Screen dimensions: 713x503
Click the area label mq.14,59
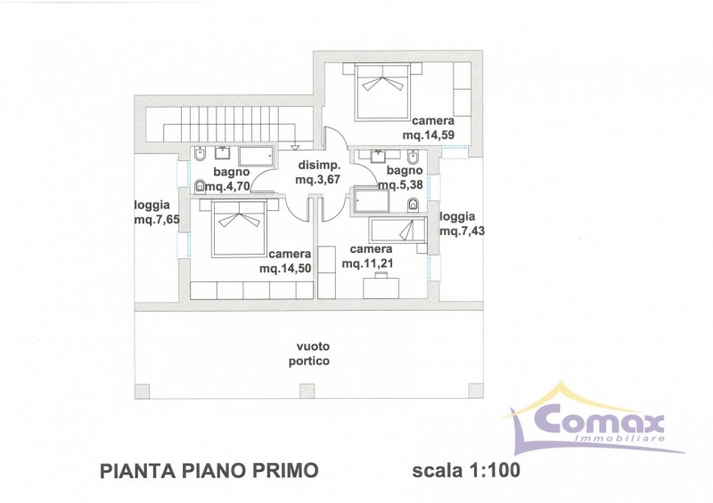[429, 135]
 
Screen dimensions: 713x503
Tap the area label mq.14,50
[285, 268]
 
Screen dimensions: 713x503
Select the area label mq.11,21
[367, 264]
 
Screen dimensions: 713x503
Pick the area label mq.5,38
[400, 185]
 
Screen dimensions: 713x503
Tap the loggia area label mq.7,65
[157, 220]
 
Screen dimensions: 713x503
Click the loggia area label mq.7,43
[462, 231]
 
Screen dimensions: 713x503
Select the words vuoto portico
[309, 353]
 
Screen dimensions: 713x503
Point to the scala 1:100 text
[466, 470]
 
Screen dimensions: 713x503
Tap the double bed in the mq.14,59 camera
[382, 93]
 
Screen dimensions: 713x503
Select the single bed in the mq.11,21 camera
[397, 230]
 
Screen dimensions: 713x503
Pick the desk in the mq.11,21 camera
[381, 288]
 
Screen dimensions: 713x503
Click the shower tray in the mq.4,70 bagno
[257, 156]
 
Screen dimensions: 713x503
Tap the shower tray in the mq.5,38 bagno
[372, 201]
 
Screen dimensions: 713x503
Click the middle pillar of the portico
[307, 391]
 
